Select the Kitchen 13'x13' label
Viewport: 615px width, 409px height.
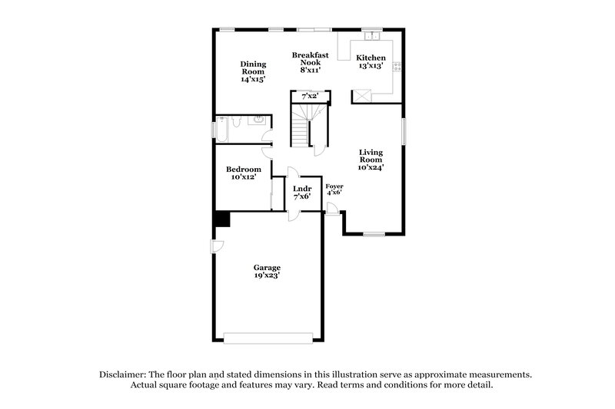pyautogui.click(x=370, y=62)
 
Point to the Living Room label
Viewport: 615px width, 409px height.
pyautogui.click(x=371, y=160)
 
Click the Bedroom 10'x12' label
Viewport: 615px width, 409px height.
pyautogui.click(x=243, y=173)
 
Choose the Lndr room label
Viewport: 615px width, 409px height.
pyautogui.click(x=302, y=192)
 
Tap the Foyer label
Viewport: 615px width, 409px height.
pyautogui.click(x=334, y=191)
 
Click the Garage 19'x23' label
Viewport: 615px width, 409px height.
pyautogui.click(x=268, y=271)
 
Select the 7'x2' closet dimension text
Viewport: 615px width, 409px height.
pyautogui.click(x=310, y=96)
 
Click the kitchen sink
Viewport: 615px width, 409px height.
pyautogui.click(x=372, y=35)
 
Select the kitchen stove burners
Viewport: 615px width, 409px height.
pyautogui.click(x=397, y=66)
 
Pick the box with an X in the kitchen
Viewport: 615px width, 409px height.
pyautogui.click(x=361, y=95)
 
